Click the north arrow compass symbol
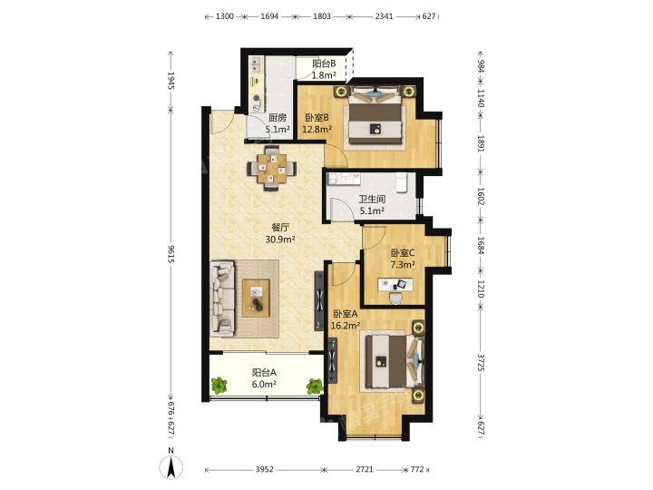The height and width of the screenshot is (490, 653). (171, 466)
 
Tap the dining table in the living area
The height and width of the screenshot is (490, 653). (271, 169)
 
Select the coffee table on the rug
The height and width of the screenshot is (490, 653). (256, 299)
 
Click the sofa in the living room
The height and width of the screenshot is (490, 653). (222, 299)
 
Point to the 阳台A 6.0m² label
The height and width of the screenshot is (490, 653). (264, 378)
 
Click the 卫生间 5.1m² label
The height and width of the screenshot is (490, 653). (372, 205)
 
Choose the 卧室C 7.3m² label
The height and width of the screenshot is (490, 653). (403, 259)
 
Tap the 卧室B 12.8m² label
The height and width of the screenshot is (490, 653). (317, 123)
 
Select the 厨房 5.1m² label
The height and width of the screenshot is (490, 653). (278, 123)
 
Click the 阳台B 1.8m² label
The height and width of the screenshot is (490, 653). (324, 69)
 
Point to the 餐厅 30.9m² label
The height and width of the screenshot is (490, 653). (280, 233)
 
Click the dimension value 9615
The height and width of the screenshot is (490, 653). (171, 253)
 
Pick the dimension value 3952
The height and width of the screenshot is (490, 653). (265, 469)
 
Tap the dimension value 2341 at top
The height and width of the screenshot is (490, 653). (384, 16)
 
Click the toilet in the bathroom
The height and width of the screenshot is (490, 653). (401, 183)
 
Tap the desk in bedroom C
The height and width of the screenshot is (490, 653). (395, 285)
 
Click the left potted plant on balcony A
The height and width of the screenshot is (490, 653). (219, 386)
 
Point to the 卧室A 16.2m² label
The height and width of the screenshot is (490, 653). (346, 319)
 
